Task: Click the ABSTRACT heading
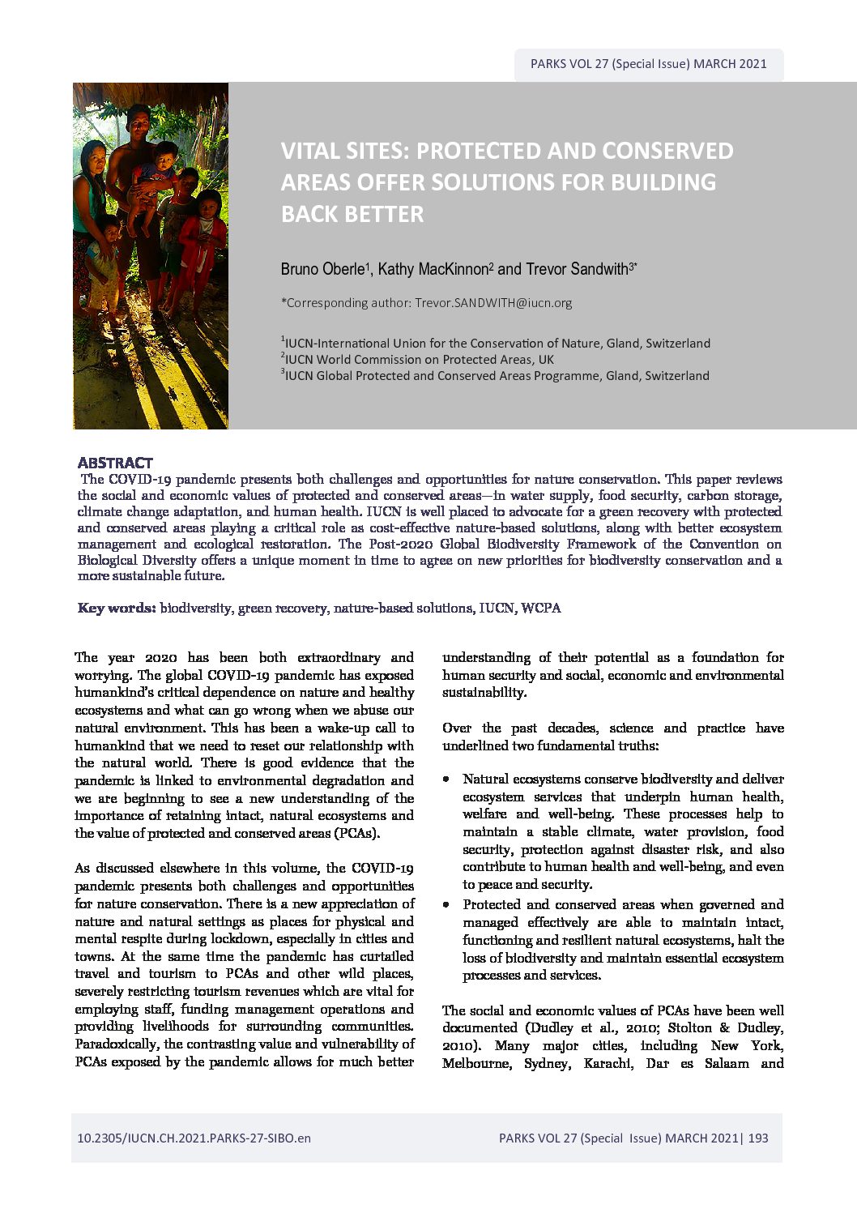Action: (114, 463)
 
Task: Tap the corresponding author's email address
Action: (493, 303)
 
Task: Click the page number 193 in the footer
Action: (758, 1138)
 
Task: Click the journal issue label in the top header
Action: (648, 64)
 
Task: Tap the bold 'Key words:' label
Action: (117, 608)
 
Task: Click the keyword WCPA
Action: (541, 608)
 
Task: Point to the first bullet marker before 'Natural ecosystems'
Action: (446, 779)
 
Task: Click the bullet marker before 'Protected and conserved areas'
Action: (446, 904)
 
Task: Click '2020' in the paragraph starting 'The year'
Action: (147, 657)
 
